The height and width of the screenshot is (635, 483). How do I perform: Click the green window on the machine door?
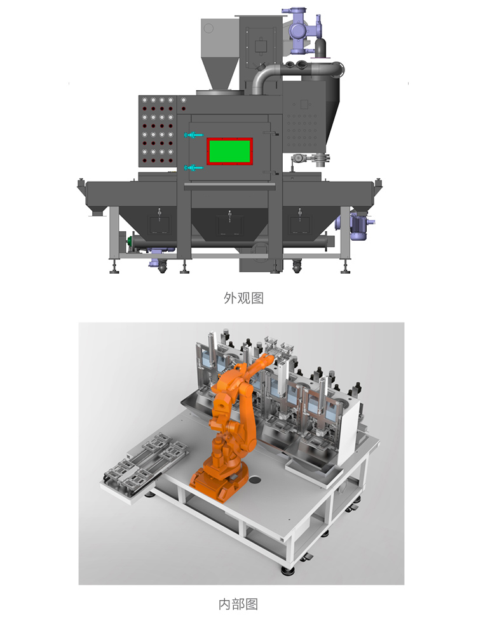tap(230, 151)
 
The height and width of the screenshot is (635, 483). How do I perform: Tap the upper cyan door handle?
tap(193, 135)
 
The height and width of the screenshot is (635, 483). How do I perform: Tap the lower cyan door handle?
tap(193, 168)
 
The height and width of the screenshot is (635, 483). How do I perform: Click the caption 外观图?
tap(243, 298)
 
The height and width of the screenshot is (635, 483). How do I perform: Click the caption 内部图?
tap(238, 605)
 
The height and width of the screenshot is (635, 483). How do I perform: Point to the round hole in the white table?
tap(254, 480)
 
